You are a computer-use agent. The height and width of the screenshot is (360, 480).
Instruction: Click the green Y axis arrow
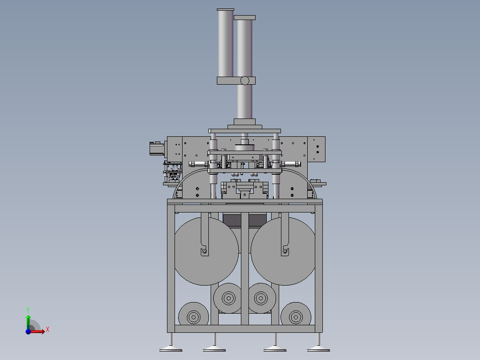pos(28,322)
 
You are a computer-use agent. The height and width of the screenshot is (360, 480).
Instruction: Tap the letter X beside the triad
pos(48,330)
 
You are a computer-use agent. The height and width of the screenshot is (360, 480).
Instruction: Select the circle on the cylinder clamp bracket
pos(244,81)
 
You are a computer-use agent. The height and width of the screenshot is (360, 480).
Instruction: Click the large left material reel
pos(206,251)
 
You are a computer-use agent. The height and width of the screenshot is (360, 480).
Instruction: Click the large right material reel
pos(283,251)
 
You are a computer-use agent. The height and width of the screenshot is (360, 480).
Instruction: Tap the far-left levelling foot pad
pos(171,349)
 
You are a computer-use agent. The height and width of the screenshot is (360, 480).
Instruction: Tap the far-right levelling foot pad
pos(318,349)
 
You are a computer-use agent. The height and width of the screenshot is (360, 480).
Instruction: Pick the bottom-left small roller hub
pos(193,317)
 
